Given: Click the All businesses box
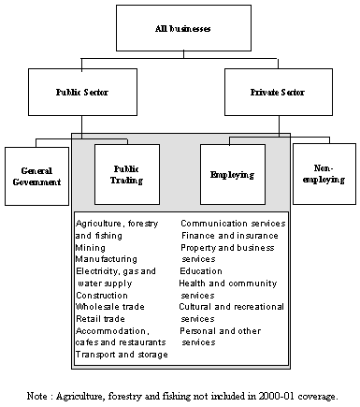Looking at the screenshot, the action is coord(183,28).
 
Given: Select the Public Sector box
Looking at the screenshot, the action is coord(82,92).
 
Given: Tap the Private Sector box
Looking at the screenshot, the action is coord(279,92).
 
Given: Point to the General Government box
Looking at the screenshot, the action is coord(36,176).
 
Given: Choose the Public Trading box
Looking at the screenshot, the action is coord(127,174).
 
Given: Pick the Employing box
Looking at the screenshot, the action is coord(233,174).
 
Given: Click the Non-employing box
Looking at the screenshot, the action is coord(324,174).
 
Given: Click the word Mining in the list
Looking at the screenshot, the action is coord(91,248).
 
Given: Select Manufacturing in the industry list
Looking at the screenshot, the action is coord(107,259).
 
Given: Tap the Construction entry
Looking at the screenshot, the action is coord(102,296).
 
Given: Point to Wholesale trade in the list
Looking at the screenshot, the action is coord(110,307).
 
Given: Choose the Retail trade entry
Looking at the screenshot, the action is coord(100,319).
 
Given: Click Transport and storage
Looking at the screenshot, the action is coord(122,355).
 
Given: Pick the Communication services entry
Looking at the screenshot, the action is coord(233,224).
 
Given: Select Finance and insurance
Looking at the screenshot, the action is coord(230,236).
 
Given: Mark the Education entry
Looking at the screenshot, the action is coord(201,271).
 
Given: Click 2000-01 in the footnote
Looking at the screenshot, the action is coord(276,396).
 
